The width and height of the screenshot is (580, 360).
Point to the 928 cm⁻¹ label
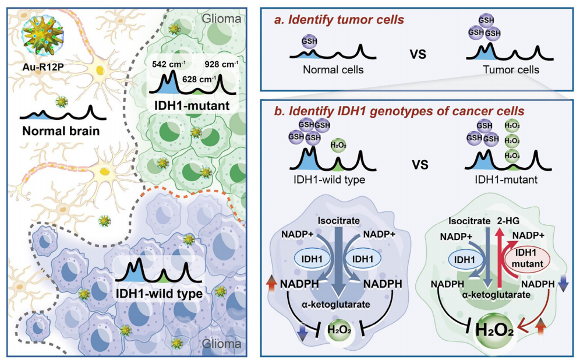coord(221,64)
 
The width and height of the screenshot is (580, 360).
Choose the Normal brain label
coord(61,131)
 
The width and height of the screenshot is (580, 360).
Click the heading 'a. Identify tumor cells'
coord(339,19)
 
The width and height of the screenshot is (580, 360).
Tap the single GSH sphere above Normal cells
coord(309,41)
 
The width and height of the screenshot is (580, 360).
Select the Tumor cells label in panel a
coord(511,69)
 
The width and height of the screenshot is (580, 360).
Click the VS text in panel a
coord(418,54)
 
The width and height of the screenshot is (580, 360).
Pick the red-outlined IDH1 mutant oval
coord(527,258)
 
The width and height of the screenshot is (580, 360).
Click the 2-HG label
coord(508,221)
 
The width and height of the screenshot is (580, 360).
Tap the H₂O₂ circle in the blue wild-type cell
coord(339,329)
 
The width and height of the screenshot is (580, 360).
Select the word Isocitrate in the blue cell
coord(338,221)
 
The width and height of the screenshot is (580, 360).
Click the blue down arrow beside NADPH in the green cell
coord(563,284)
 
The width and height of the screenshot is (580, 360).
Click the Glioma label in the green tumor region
coord(222,19)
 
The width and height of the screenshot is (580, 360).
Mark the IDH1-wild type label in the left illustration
coord(159,294)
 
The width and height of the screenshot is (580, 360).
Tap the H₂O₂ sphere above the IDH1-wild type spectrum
coord(338,146)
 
